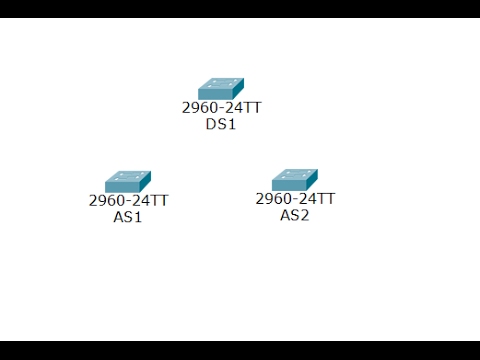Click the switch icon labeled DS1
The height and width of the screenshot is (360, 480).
(x=220, y=89)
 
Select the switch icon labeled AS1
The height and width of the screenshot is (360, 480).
(x=127, y=181)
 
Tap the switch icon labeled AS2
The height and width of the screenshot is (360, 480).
(x=294, y=180)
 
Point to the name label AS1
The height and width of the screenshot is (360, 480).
(x=128, y=216)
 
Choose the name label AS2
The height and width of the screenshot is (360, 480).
(x=295, y=215)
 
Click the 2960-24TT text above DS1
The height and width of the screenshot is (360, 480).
(x=221, y=107)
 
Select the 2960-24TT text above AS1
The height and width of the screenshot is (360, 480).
(x=128, y=200)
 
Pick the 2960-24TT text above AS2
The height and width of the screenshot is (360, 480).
(x=295, y=199)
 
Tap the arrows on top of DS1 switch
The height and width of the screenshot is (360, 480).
(x=219, y=84)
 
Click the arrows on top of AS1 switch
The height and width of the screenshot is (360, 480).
(x=126, y=176)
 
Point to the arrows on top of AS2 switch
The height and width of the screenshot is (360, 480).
(x=293, y=175)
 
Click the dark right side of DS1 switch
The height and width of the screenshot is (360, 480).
(x=239, y=89)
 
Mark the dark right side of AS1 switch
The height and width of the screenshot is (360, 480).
(x=146, y=182)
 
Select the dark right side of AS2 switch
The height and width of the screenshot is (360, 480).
(x=313, y=180)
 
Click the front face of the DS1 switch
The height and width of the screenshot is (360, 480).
(x=215, y=95)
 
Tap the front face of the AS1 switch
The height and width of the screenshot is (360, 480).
(x=122, y=187)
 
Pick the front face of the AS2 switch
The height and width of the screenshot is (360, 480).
(x=289, y=186)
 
